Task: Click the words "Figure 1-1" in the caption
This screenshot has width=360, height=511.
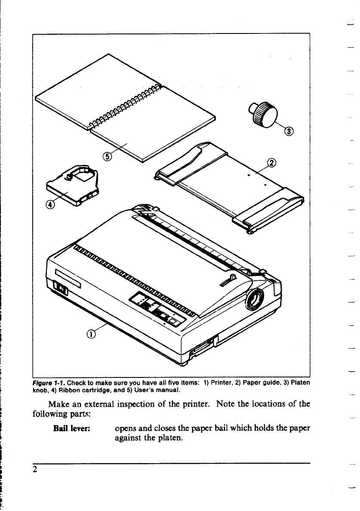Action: (x=48, y=383)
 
